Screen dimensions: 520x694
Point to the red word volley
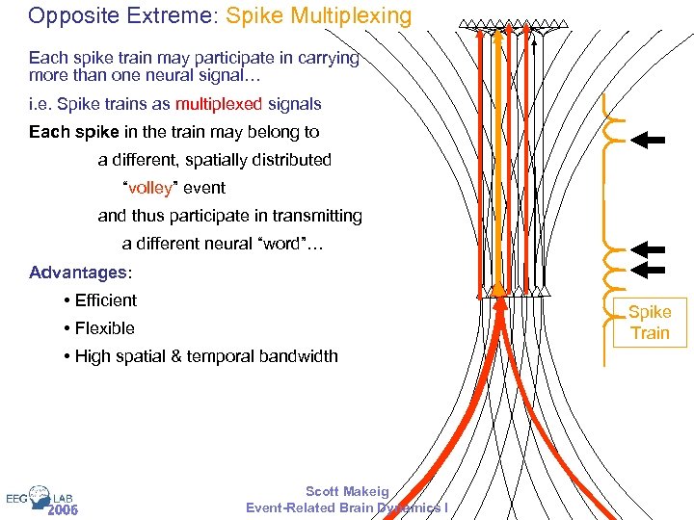click(x=152, y=188)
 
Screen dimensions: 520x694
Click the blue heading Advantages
click(x=78, y=273)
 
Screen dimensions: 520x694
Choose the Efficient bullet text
click(x=105, y=300)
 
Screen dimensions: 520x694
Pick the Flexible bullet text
click(x=104, y=328)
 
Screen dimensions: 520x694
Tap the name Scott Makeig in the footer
click(x=347, y=491)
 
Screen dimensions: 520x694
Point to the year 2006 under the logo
click(x=63, y=509)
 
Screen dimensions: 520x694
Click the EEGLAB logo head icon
click(x=40, y=495)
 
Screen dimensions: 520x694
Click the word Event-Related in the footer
click(x=290, y=507)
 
